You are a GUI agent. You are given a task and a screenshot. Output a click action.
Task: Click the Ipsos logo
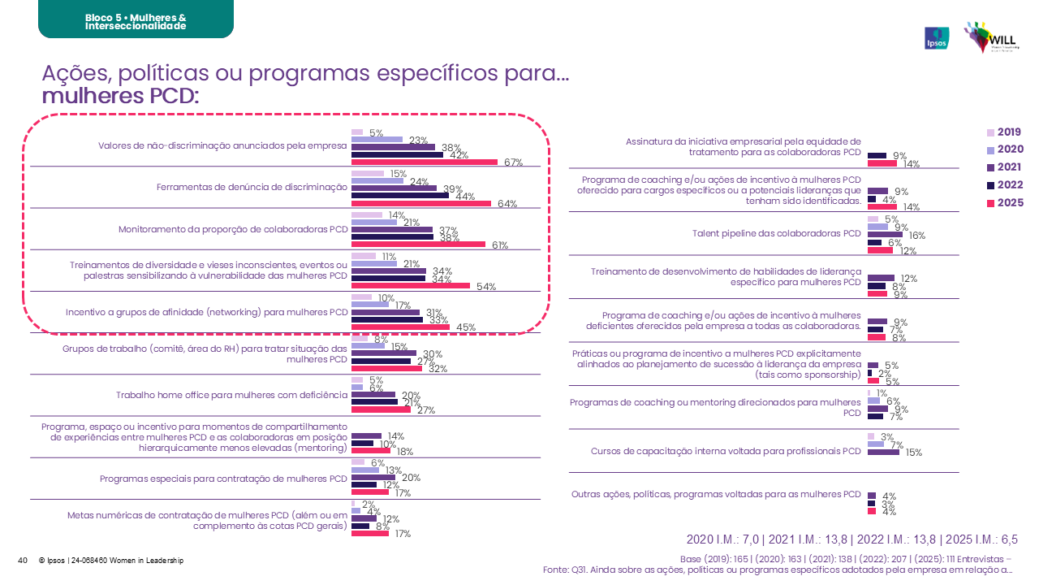click(x=937, y=38)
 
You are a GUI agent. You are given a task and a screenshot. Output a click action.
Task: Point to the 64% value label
click(x=507, y=204)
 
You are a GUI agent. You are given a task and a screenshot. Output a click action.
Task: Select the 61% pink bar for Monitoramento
click(x=418, y=244)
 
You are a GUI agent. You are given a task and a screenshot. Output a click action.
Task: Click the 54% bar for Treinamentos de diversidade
click(x=410, y=286)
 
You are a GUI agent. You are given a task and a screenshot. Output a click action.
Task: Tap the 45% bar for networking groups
click(x=400, y=327)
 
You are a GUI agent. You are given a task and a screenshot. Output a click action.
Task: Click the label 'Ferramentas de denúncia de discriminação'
click(x=252, y=188)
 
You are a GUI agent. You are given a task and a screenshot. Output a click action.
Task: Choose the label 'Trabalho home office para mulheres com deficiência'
click(x=232, y=396)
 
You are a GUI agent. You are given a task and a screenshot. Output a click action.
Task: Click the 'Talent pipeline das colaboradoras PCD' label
click(x=776, y=233)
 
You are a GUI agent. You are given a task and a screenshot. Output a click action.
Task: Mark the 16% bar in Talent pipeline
click(x=885, y=234)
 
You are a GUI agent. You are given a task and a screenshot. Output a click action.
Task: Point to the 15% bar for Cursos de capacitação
click(x=883, y=452)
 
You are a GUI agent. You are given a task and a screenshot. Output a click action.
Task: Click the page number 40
click(x=23, y=560)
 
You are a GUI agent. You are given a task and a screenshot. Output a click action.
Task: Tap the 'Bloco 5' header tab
click(x=136, y=21)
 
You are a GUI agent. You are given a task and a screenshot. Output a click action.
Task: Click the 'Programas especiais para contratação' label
click(x=224, y=479)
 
